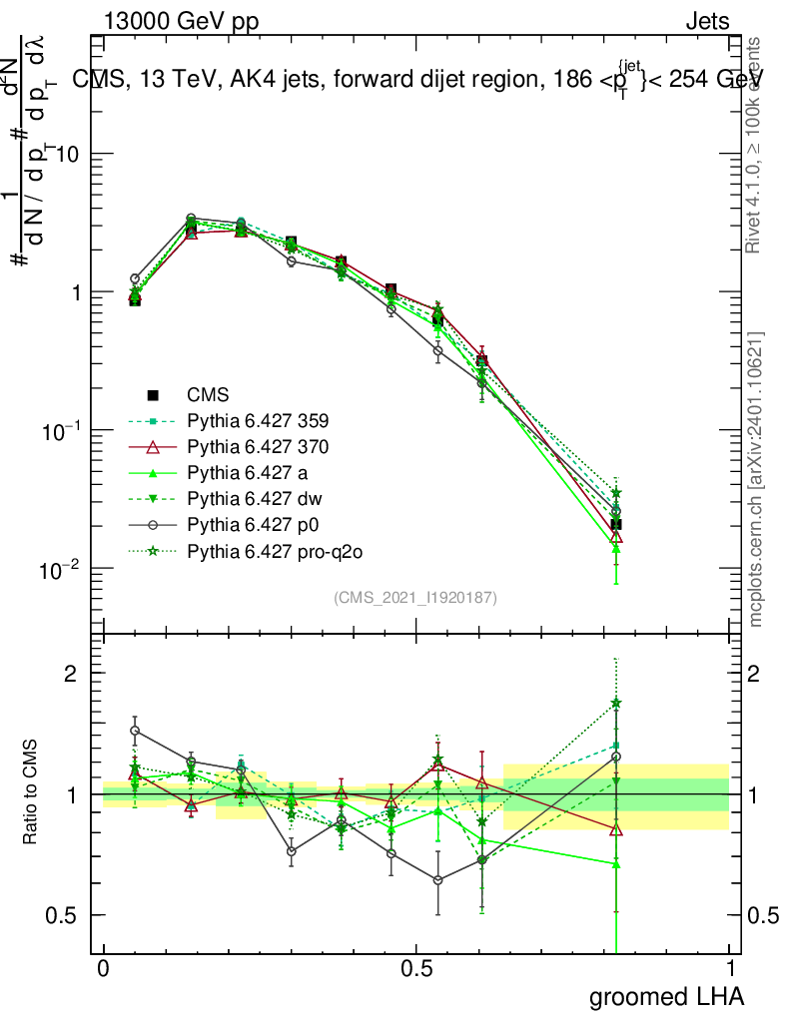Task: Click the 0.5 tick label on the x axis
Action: click(x=416, y=969)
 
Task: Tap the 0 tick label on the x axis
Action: click(x=104, y=969)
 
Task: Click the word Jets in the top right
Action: click(x=707, y=22)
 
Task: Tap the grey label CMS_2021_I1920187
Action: click(x=415, y=597)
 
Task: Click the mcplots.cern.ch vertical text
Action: click(x=756, y=479)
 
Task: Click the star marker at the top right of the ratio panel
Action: click(x=616, y=704)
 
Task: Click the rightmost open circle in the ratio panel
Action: click(x=616, y=757)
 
